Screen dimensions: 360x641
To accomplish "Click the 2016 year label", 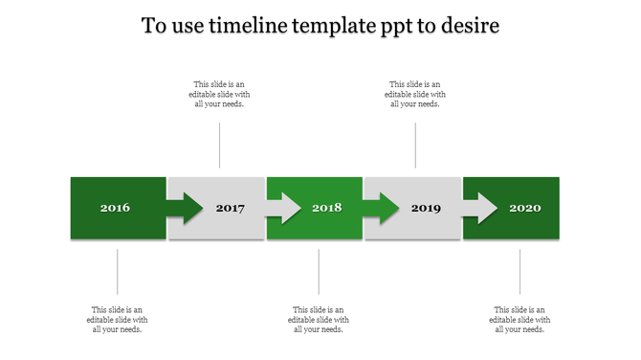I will pyautogui.click(x=115, y=208).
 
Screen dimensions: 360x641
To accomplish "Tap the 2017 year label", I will pyautogui.click(x=231, y=208).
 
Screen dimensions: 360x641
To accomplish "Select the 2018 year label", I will pyautogui.click(x=327, y=208).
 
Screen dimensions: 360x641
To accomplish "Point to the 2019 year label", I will pyautogui.click(x=426, y=208).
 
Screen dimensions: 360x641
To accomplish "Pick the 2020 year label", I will pyautogui.click(x=525, y=208).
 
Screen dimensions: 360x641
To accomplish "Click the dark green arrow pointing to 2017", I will pyautogui.click(x=186, y=208).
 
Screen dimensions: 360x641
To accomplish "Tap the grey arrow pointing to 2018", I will pyautogui.click(x=284, y=208).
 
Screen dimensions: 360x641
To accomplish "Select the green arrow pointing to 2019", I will pyautogui.click(x=382, y=208).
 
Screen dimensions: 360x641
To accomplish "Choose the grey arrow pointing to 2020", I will pyautogui.click(x=481, y=208).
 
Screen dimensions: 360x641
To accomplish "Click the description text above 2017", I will pyautogui.click(x=220, y=94).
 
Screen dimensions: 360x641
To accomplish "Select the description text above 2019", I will pyautogui.click(x=415, y=94).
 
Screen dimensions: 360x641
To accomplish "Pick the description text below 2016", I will pyautogui.click(x=118, y=320).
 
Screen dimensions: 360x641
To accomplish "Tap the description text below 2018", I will pyautogui.click(x=319, y=320).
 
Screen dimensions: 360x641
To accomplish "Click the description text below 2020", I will pyautogui.click(x=519, y=320).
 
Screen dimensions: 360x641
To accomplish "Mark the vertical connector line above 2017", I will pyautogui.click(x=220, y=146).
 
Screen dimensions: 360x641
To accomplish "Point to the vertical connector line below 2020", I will pyautogui.click(x=520, y=272).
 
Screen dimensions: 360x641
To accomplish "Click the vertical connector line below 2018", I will pyautogui.click(x=319, y=272).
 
